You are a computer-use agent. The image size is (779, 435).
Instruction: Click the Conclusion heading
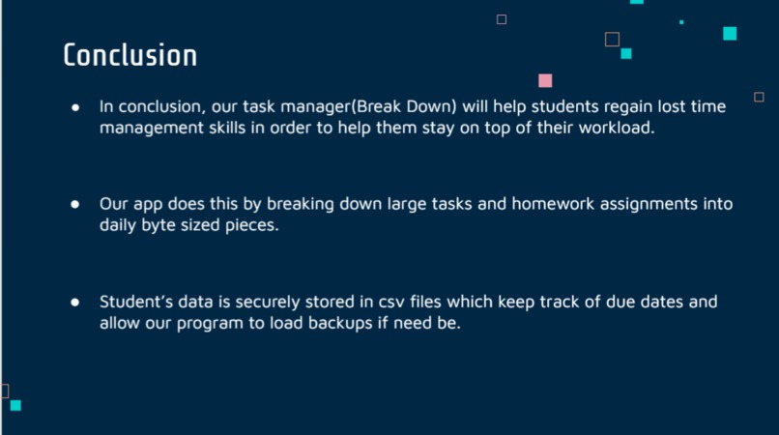[130, 55]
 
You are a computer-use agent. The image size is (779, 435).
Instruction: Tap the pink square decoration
[545, 81]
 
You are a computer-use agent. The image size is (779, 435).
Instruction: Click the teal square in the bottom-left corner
[15, 405]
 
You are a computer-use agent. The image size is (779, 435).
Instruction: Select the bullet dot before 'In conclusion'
[74, 107]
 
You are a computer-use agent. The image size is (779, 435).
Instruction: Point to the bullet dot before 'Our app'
[74, 205]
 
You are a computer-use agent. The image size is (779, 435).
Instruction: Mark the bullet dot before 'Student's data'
[74, 303]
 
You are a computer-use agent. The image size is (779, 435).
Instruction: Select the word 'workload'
[620, 129]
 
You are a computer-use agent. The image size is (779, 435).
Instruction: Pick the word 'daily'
[119, 226]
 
